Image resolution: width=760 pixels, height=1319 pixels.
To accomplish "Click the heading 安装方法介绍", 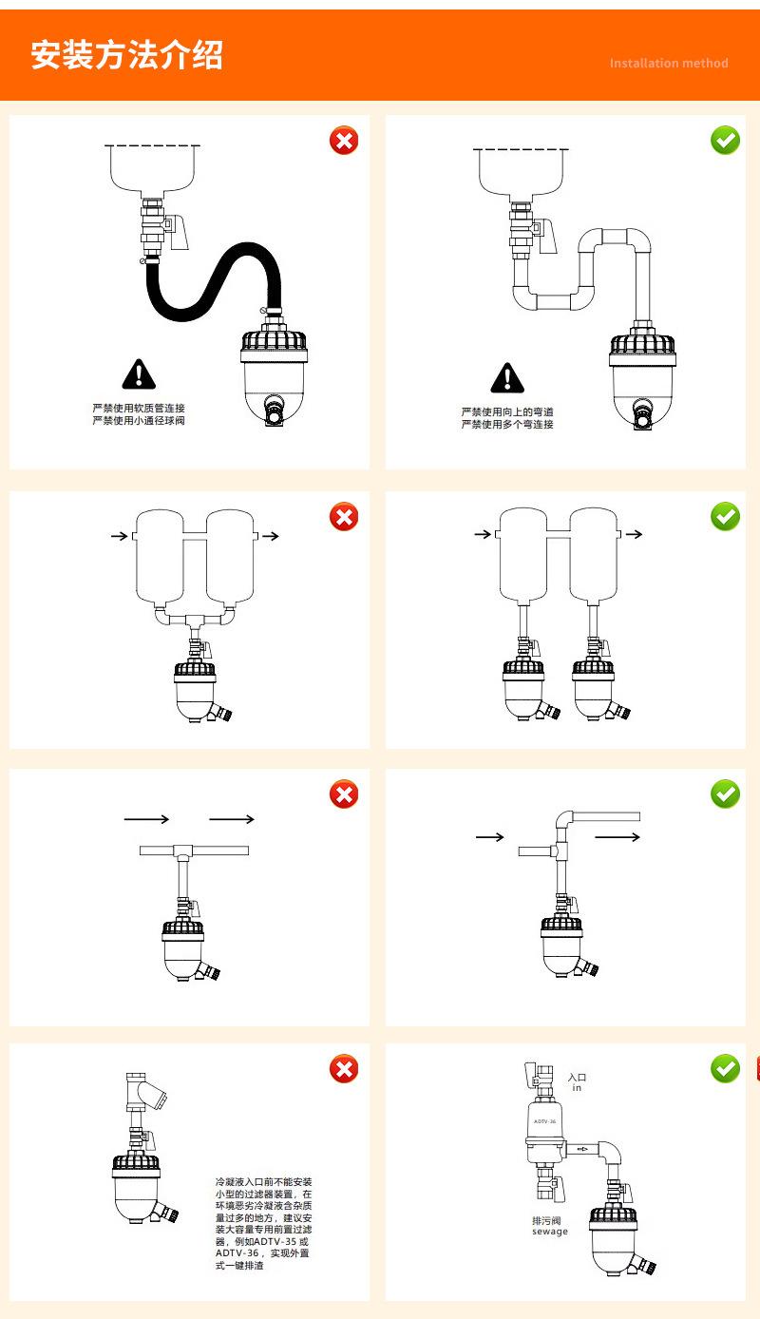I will pos(126,55).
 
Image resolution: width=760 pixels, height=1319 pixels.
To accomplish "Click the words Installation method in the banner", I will pos(669,64).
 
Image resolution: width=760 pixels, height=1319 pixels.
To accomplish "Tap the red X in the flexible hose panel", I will pos(344,141).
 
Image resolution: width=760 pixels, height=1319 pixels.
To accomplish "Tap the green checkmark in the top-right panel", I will pos(725,141).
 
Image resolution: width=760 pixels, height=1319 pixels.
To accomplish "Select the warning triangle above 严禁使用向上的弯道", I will pos(507,378).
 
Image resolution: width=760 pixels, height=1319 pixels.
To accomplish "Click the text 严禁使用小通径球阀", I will pos(139,420).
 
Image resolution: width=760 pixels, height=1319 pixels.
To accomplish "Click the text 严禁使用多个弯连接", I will pos(507,424).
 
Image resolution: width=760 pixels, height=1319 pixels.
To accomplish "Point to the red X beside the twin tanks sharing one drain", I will pos(344,517).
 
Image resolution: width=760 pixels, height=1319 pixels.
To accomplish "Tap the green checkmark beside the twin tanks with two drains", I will pos(725,517).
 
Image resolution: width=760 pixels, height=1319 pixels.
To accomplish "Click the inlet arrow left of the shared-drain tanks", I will pos(119,537).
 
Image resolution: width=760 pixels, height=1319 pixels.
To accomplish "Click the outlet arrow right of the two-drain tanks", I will pos(634,535).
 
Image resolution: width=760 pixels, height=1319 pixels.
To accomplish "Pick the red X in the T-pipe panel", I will pos(344,794).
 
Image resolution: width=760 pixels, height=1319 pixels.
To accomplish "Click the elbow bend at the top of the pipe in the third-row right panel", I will pos(564,819).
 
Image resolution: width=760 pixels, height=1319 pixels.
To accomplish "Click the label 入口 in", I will pos(577,1082).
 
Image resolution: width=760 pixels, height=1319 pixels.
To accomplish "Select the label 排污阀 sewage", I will pos(549,1226).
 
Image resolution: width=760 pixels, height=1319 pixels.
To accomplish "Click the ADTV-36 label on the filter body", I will pos(544,1121).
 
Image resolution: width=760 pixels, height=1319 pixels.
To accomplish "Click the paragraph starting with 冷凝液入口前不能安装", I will pos(263,1223).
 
